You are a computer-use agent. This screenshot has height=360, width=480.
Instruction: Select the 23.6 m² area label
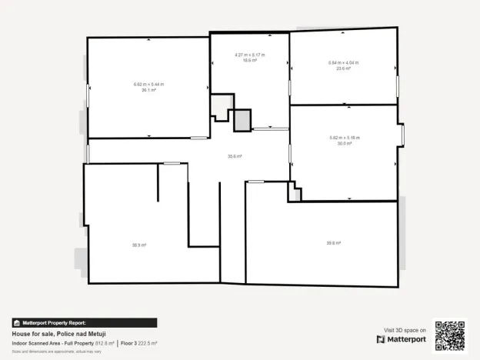coord(343,68)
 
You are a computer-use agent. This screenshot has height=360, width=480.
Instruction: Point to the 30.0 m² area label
coord(344,142)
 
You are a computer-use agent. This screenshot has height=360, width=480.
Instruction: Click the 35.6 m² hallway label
coord(235,156)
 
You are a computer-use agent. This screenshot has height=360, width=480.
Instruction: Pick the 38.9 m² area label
coord(138,245)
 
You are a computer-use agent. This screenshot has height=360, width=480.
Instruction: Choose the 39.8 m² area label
coord(333,243)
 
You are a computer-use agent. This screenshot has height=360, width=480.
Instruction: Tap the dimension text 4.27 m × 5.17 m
coord(249,54)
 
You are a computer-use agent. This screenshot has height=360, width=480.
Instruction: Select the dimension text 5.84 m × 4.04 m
coord(343,62)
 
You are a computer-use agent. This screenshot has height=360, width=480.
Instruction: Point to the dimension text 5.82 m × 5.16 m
coord(344,137)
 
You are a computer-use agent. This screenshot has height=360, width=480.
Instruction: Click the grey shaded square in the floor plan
coord(242,119)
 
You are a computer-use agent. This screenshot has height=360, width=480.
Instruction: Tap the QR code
coord(450,335)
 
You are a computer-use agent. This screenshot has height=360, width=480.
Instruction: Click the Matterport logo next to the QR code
coord(401,339)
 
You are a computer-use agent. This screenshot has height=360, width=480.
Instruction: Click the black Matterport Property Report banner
coord(85,323)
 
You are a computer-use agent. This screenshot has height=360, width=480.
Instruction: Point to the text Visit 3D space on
coord(405,330)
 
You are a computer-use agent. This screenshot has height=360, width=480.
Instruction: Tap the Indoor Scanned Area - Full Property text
coord(52,343)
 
